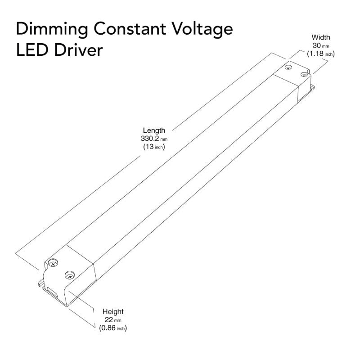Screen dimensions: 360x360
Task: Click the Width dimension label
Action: (321, 37)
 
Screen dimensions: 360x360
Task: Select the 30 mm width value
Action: (320, 45)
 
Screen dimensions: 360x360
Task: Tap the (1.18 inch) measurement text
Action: (321, 54)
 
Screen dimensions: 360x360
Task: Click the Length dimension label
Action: (154, 131)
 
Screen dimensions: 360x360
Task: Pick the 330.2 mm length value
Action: (154, 139)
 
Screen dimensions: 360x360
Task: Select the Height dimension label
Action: (113, 311)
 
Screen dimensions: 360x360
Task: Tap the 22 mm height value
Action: (112, 320)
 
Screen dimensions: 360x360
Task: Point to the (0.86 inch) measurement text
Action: (113, 328)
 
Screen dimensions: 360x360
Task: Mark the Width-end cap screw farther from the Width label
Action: (288, 67)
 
